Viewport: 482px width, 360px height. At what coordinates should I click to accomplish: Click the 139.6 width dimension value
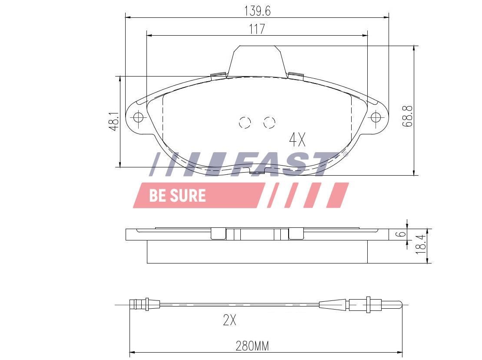point(257,11)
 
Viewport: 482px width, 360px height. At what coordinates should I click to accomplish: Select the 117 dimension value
point(257,29)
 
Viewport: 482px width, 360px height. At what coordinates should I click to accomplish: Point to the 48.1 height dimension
point(114,121)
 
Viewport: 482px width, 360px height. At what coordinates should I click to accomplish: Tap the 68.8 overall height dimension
point(408,116)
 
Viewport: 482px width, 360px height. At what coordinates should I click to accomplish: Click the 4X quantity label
point(297,140)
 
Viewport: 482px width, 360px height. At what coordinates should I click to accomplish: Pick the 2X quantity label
point(229,320)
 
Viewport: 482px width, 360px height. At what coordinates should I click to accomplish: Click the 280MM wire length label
point(252,346)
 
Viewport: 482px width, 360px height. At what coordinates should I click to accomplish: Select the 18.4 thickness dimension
point(421,244)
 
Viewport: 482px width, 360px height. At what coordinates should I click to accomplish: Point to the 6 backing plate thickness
point(401,234)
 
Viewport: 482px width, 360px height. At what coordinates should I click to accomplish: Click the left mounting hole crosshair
point(138,117)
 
